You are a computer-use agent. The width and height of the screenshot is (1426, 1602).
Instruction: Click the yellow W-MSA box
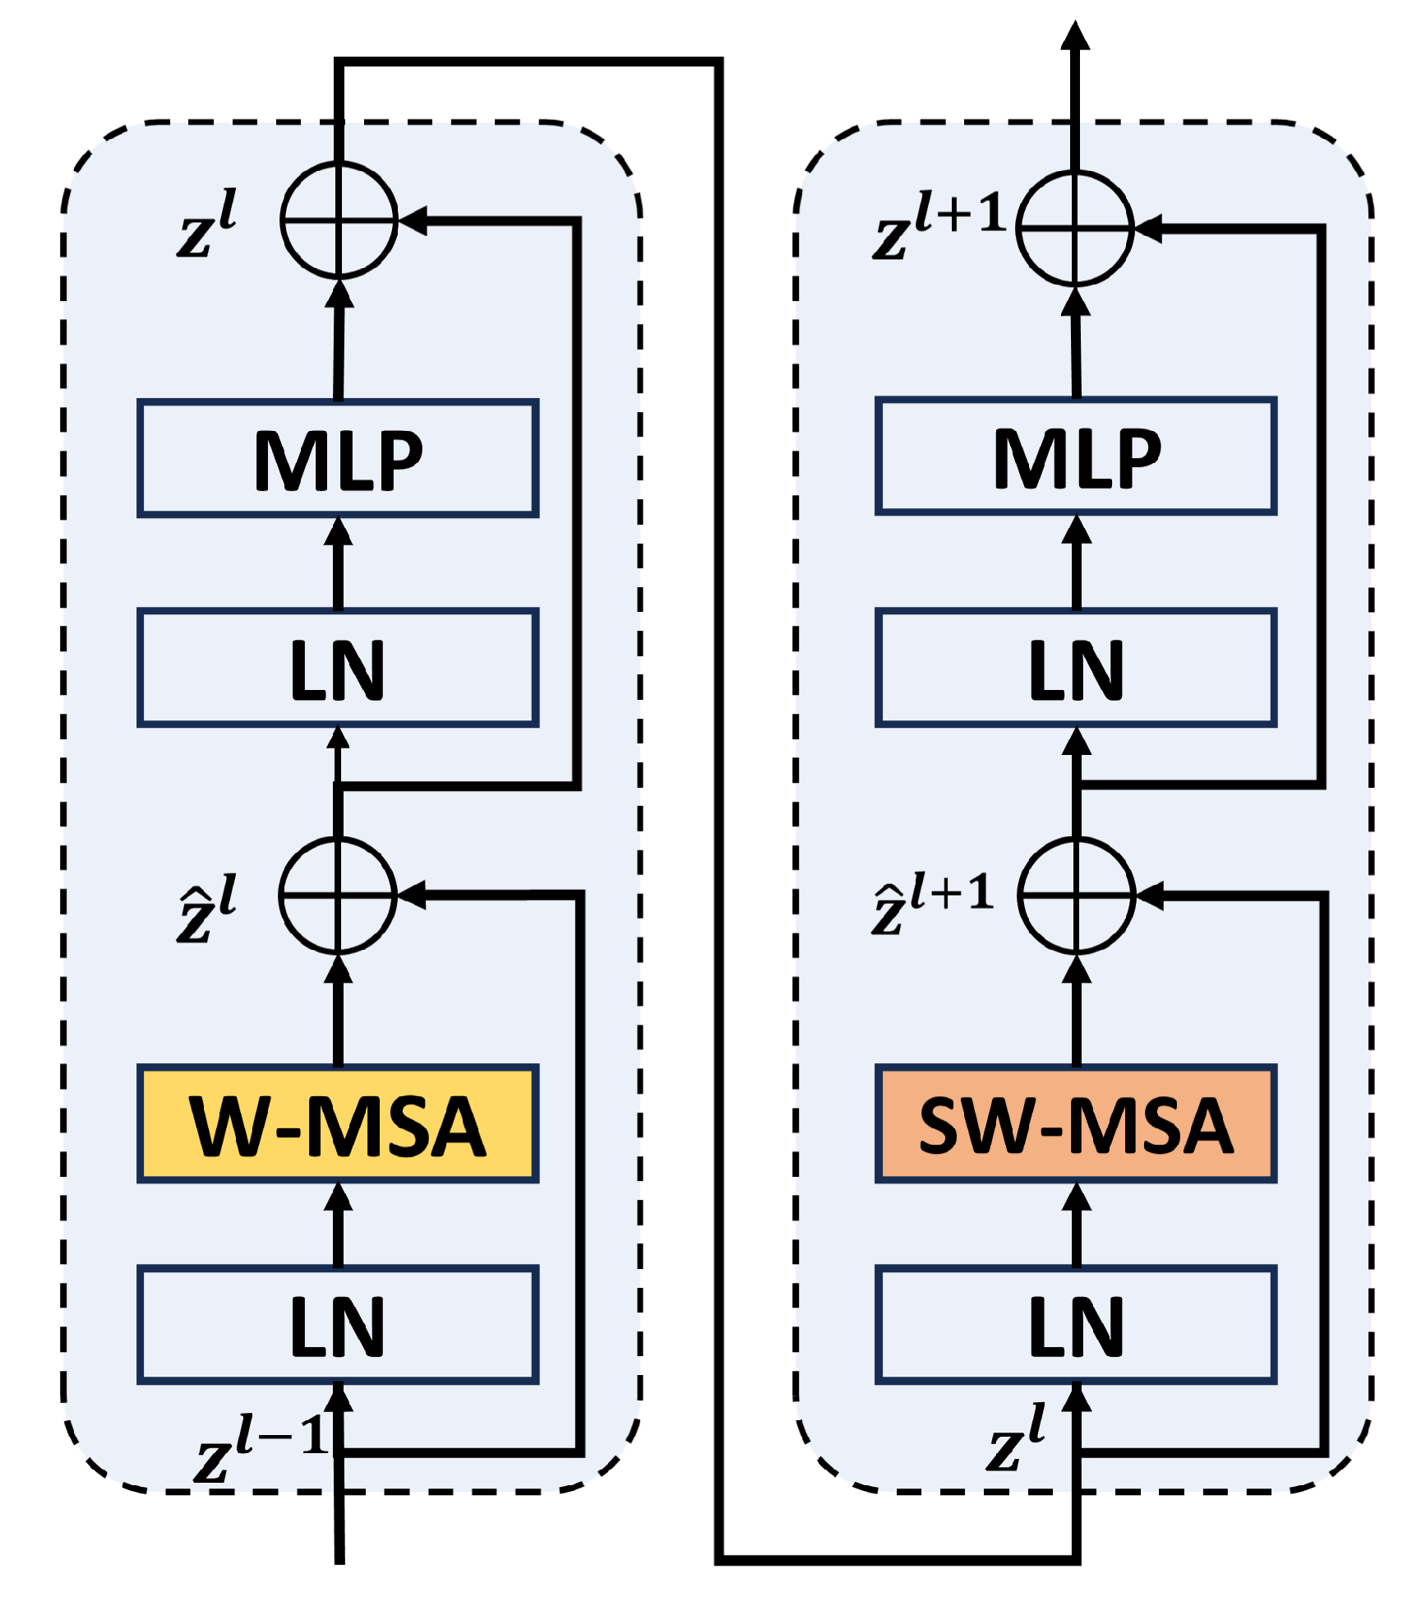point(338,1124)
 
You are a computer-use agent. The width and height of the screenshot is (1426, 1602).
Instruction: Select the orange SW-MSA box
point(1076,1124)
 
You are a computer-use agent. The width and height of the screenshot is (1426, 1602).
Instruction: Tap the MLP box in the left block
point(338,458)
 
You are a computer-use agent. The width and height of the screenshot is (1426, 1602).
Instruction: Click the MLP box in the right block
point(1076,456)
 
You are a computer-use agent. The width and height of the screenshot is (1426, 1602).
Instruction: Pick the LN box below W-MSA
point(338,1326)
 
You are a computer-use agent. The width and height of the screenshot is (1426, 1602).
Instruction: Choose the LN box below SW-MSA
point(1076,1326)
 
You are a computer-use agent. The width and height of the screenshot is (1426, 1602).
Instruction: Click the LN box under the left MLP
point(338,668)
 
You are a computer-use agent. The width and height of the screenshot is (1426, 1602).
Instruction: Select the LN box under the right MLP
point(1076,668)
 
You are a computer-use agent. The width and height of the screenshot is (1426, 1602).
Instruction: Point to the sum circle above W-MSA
point(338,896)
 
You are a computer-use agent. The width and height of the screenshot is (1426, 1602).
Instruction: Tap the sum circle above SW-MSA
point(1076,896)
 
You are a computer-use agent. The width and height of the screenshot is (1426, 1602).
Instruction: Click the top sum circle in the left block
point(339,220)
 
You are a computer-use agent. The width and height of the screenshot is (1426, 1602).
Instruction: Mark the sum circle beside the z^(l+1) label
point(1075,228)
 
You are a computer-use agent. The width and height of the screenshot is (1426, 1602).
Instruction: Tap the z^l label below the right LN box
point(1017,1439)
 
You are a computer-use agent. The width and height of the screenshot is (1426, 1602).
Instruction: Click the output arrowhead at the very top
point(1075,37)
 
